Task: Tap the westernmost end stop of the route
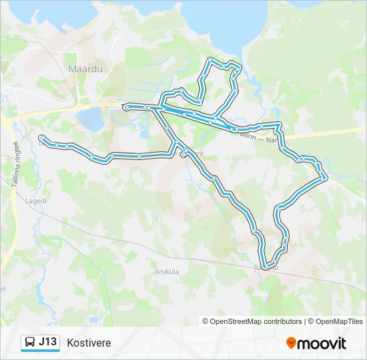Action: point(41,139)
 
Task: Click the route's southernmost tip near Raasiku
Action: point(266,268)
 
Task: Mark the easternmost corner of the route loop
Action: point(324,177)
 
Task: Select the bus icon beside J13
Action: point(30,343)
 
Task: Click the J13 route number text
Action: point(48,343)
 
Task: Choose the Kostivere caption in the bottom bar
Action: point(89,343)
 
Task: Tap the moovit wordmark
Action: point(322,343)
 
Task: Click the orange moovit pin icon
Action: point(291,343)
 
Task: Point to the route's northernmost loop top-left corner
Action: point(210,60)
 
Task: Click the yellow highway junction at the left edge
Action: point(7,121)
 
